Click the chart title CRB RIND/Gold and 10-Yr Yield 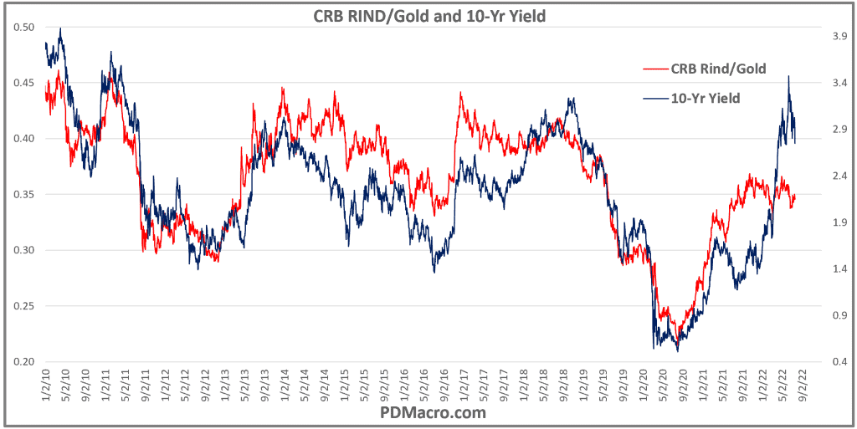(x=428, y=14)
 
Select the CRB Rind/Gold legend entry (x=718, y=69)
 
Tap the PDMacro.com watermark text (x=433, y=413)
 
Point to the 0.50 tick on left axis (x=24, y=28)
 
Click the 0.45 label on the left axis (x=24, y=83)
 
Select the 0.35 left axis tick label (x=24, y=195)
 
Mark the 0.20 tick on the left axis (x=24, y=362)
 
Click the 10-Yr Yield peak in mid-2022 (x=788, y=76)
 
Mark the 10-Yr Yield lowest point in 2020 (x=677, y=350)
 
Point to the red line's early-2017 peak (x=460, y=93)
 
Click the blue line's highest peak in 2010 (x=60, y=28)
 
